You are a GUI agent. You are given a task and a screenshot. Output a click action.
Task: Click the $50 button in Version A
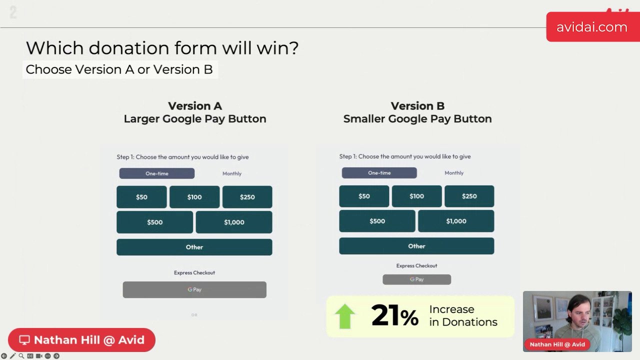click(x=141, y=197)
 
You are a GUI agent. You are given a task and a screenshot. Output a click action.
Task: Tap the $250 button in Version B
click(x=469, y=196)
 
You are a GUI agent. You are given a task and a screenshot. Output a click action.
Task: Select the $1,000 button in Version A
click(x=234, y=222)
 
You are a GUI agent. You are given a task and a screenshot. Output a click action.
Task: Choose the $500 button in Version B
click(x=377, y=221)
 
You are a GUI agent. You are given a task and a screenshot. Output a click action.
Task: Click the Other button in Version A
click(x=194, y=247)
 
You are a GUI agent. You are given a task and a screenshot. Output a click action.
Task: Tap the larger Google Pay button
click(x=194, y=289)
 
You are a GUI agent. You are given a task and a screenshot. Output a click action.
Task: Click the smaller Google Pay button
click(x=416, y=279)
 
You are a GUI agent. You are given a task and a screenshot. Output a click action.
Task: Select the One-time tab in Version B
click(x=379, y=173)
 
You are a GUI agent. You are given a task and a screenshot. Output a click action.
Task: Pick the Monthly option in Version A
click(x=232, y=173)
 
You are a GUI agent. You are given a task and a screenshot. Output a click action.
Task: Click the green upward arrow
click(x=344, y=316)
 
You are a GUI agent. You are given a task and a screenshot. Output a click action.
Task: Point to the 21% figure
click(x=394, y=316)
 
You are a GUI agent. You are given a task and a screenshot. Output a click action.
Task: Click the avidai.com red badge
click(x=592, y=27)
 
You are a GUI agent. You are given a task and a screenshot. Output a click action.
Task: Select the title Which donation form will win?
click(x=162, y=48)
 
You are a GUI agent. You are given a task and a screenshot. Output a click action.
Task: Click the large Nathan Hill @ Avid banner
click(x=82, y=340)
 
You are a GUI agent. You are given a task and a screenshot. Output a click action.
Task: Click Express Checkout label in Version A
click(x=194, y=272)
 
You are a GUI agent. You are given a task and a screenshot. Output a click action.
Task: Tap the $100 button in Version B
click(x=416, y=196)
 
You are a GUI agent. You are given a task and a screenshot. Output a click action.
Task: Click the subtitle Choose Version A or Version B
click(x=119, y=69)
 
